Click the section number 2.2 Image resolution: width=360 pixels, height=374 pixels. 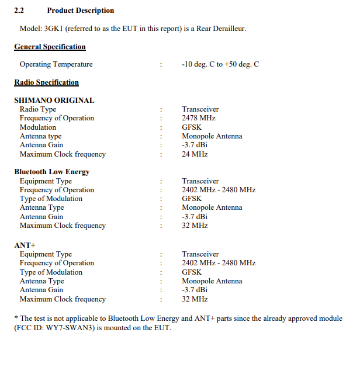[19, 11]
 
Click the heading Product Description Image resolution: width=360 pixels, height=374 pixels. [81, 11]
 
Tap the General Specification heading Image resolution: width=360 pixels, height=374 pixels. [50, 47]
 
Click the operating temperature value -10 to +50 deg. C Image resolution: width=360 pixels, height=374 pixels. [220, 64]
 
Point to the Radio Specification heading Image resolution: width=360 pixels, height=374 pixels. [46, 82]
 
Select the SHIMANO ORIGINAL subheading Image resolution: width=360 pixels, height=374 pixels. [54, 100]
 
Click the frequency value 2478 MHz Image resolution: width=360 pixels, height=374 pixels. [199, 118]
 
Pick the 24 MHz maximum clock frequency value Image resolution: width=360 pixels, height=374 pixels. [195, 154]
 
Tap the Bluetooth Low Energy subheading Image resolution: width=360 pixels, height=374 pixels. [51, 172]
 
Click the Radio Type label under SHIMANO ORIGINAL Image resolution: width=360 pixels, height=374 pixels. [38, 109]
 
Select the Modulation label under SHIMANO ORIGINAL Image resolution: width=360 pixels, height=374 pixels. [38, 127]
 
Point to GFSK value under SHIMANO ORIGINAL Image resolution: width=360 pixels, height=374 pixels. [192, 127]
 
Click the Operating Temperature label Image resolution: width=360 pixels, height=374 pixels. [56, 64]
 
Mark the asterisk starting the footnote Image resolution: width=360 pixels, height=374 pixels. [16, 318]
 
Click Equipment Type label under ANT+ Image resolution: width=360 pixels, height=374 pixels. [46, 254]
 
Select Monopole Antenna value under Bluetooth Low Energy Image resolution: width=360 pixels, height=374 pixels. [212, 207]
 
